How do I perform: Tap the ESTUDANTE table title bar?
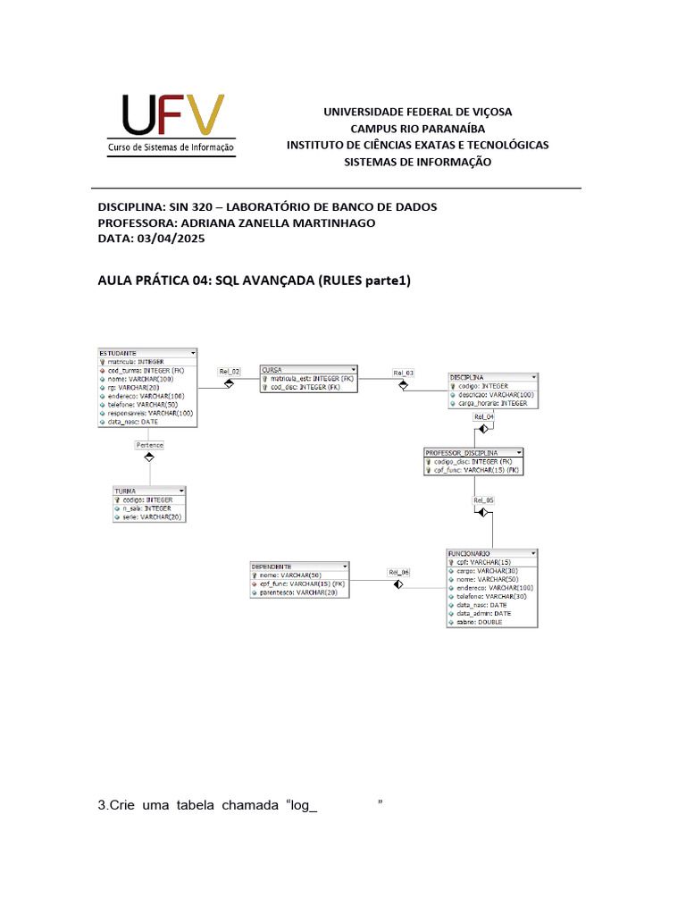143,353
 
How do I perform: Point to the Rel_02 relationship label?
230,371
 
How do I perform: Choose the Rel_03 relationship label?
404,372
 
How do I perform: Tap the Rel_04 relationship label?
483,416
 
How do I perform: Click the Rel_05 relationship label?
483,500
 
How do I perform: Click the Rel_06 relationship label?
398,572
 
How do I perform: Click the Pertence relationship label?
149,444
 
